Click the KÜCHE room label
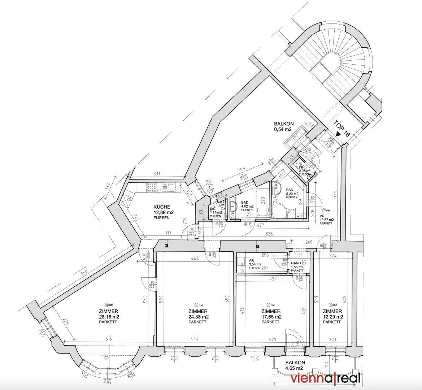162,207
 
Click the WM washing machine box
299,215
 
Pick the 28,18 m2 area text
109,317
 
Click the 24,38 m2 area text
198,317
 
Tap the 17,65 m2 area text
271,317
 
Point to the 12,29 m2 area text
332,317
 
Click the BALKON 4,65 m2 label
295,365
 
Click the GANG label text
296,263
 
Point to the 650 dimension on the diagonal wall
84,273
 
